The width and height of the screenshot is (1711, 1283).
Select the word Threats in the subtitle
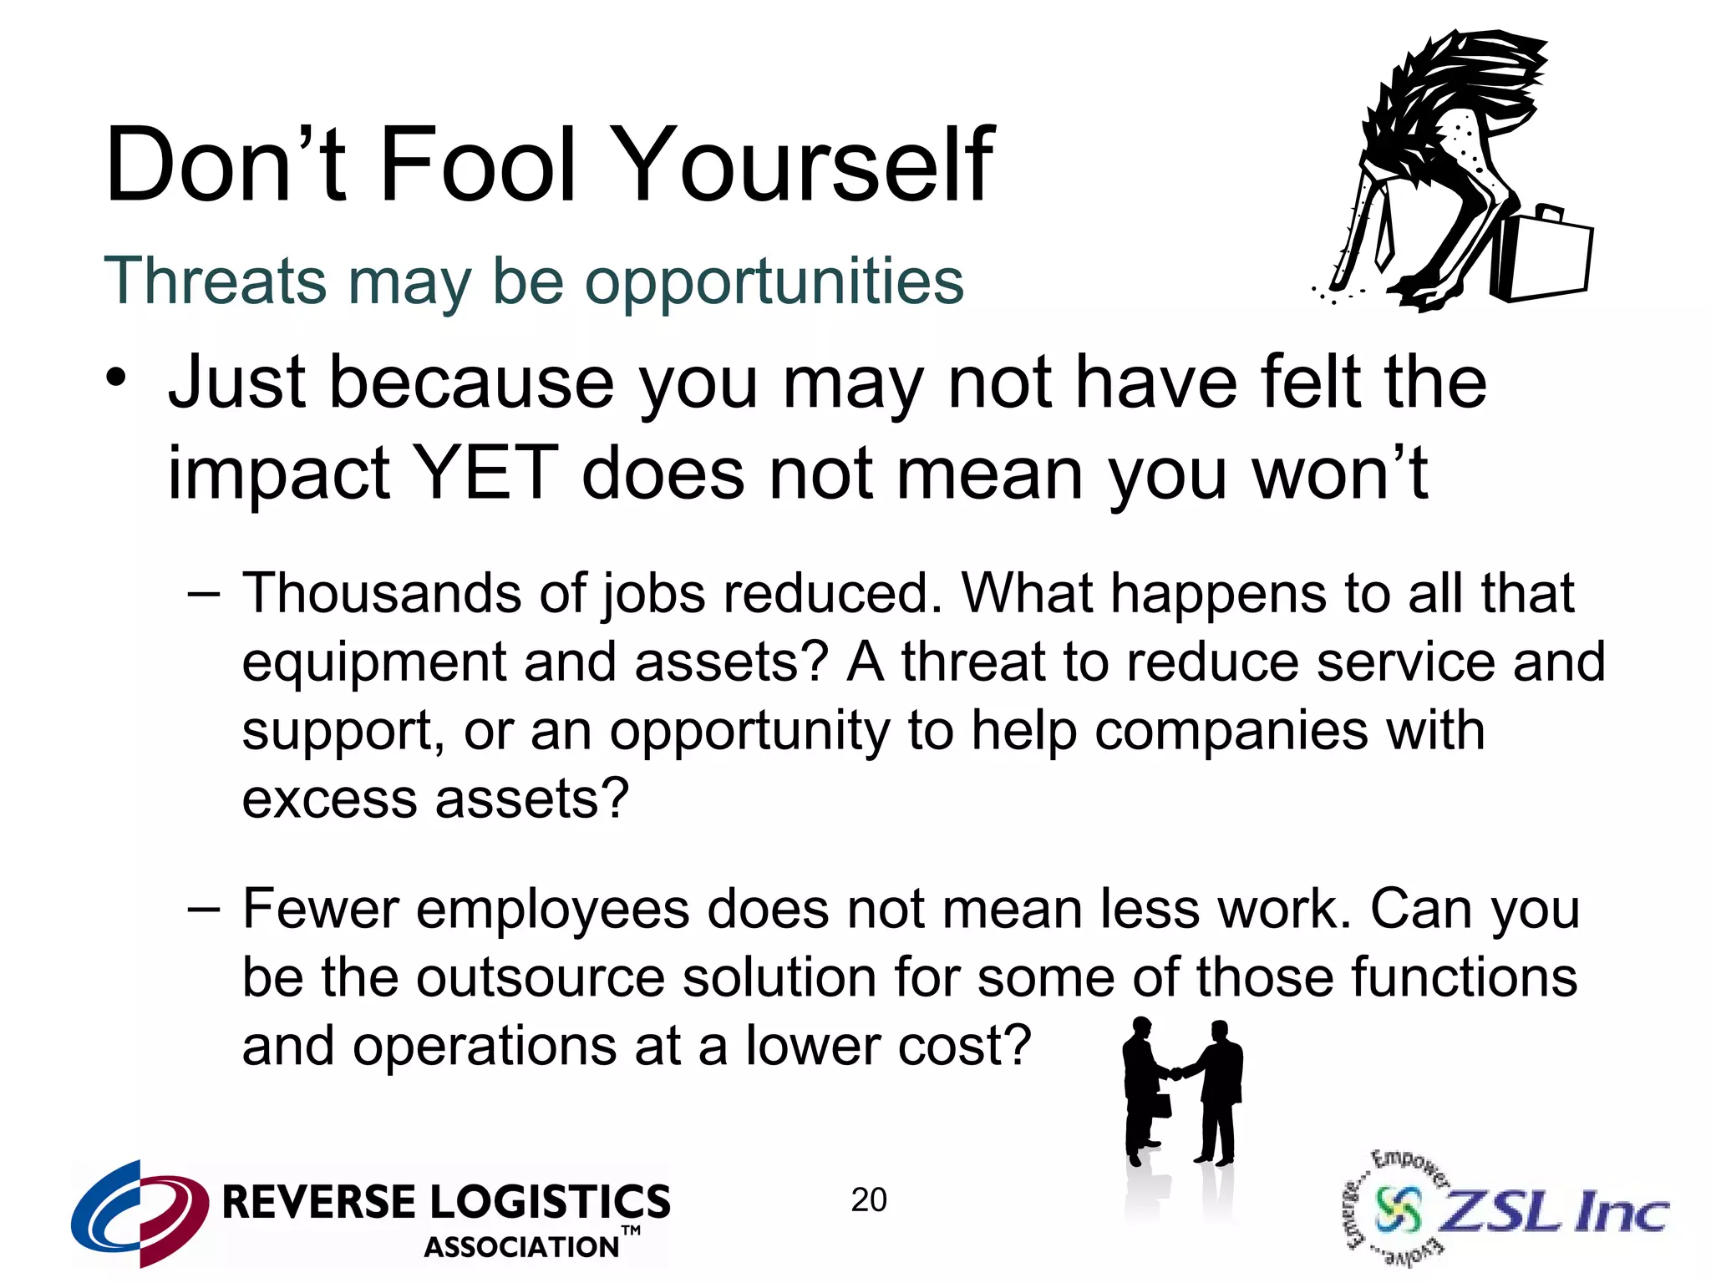click(216, 281)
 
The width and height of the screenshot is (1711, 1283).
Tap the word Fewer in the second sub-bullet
click(320, 909)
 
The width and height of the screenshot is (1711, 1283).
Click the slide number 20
click(869, 1200)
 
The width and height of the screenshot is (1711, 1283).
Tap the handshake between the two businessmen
click(1175, 1074)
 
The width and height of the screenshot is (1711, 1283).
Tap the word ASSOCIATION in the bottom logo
click(521, 1247)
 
